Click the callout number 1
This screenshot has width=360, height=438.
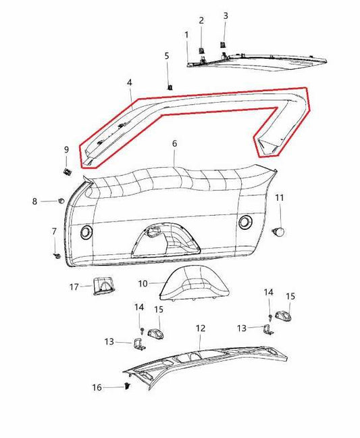coord(186,34)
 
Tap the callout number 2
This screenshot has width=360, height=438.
coord(201,21)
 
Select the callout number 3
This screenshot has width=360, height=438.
coord(226,15)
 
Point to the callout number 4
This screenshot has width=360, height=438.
coord(128,82)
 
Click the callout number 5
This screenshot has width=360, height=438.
coord(167,55)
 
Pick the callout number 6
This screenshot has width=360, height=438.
coord(174,144)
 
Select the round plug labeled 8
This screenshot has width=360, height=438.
coord(61,201)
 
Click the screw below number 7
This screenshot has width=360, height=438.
coord(57,256)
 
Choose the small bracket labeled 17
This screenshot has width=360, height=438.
coord(103,287)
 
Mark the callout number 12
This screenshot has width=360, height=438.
coord(200,328)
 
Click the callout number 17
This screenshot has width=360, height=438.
coord(74,286)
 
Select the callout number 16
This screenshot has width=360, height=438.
coord(97,387)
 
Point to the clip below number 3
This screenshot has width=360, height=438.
coord(222,45)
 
